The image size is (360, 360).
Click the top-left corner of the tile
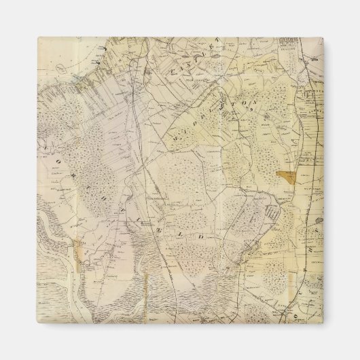click(x=37, y=39)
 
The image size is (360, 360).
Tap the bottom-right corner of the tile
click(x=323, y=323)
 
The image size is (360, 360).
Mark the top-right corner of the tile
click(x=323, y=39)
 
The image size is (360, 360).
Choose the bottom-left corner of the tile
click(x=37, y=323)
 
